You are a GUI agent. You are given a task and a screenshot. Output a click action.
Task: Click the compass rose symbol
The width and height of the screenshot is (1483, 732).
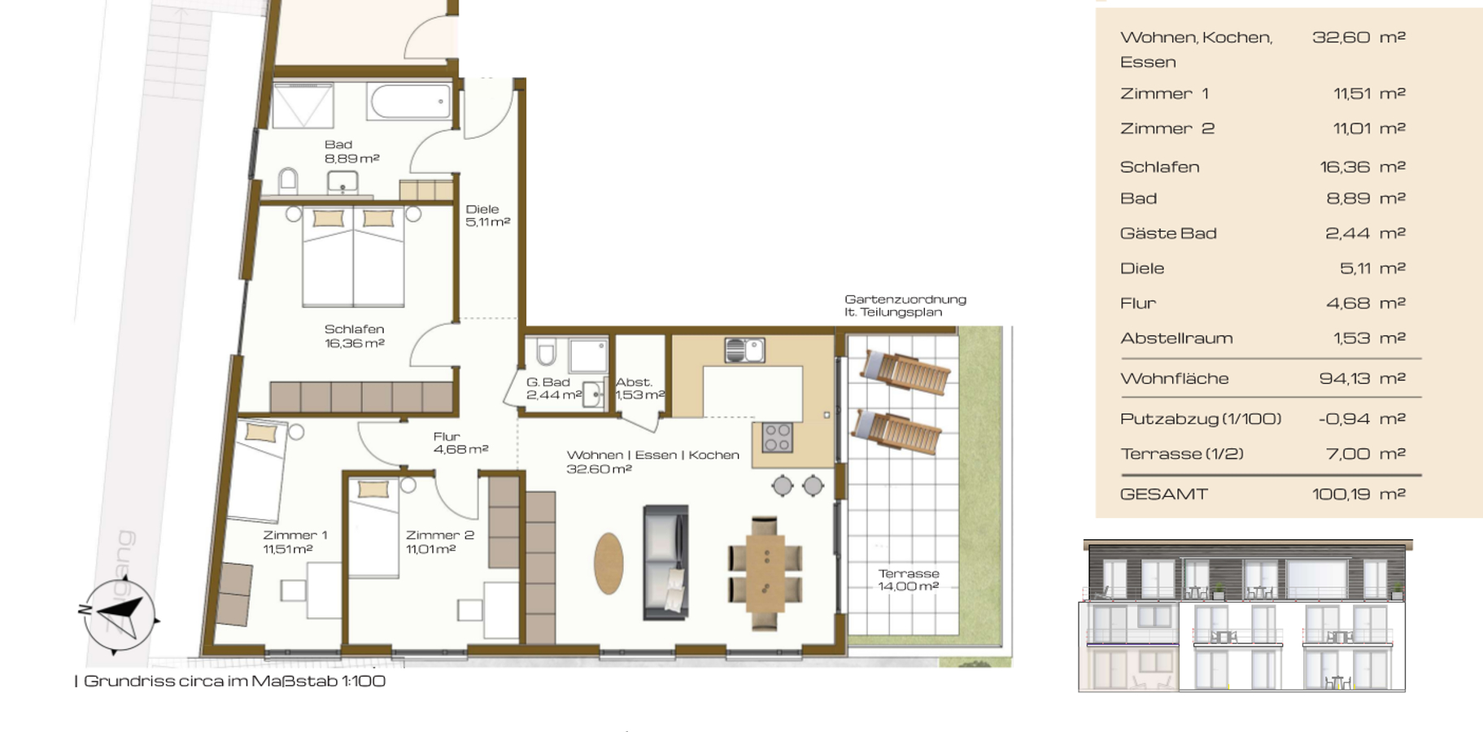[x=118, y=616]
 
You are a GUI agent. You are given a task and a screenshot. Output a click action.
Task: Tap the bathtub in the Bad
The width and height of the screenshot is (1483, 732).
[x=411, y=102]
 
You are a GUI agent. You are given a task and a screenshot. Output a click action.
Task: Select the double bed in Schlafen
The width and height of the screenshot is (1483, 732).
[x=353, y=255]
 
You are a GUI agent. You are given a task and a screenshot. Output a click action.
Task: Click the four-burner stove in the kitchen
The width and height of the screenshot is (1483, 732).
[x=777, y=438]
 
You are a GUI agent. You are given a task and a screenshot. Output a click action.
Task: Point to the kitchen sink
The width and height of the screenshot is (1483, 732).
[x=744, y=351]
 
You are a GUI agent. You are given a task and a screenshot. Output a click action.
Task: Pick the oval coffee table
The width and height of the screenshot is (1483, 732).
[x=608, y=563]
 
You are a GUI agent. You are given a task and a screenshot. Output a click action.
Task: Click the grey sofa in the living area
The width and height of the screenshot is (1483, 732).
[x=665, y=562]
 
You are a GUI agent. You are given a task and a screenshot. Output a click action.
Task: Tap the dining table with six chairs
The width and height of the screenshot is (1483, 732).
[x=765, y=573]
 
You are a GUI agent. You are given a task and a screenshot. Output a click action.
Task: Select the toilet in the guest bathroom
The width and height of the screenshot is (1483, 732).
[x=546, y=351]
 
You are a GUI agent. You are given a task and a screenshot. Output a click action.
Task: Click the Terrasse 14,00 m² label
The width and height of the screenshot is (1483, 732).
[x=909, y=580]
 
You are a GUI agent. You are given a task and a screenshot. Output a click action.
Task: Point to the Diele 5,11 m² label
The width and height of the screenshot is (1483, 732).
[x=487, y=216]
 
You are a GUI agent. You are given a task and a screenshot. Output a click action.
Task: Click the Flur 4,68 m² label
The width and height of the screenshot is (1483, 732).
[x=460, y=442]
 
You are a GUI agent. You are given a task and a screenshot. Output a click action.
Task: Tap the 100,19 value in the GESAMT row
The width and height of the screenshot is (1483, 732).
[x=1341, y=494]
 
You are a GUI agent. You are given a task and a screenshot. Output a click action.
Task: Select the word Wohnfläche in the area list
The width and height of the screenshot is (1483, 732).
[x=1174, y=378]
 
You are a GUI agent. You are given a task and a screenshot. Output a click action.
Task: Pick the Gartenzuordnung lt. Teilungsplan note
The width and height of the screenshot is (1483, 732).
[x=905, y=306]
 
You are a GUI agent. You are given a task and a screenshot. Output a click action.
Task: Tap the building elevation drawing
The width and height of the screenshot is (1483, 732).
[x=1244, y=616]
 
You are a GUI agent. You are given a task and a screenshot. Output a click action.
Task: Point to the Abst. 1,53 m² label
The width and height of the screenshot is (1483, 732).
[x=639, y=389]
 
